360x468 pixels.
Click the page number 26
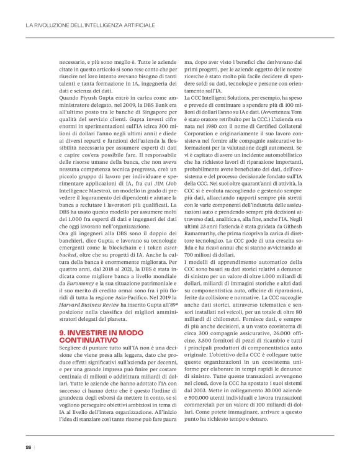29,448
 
